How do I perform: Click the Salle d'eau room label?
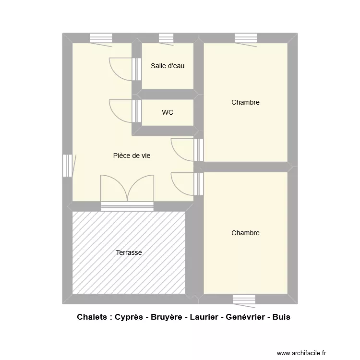168,66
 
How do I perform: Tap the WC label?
168,113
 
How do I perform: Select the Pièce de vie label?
132,156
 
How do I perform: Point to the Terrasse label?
129,252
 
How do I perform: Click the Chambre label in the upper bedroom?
245,102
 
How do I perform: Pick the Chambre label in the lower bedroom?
245,233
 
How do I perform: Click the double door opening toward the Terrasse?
127,190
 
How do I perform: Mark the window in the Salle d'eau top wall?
166,38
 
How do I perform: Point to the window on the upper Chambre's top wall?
245,38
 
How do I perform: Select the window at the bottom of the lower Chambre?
244,300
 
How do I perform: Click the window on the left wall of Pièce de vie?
67,165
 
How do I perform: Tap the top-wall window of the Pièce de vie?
101,38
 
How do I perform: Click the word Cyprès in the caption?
129,318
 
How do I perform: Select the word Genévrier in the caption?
240,318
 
